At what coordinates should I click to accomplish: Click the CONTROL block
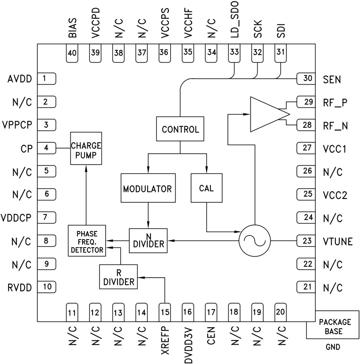click(x=180, y=129)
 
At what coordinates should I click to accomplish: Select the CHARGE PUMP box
click(x=86, y=148)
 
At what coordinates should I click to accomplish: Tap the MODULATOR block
click(x=148, y=189)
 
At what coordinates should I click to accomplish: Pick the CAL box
click(x=206, y=189)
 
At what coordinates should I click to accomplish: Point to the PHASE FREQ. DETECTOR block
click(x=86, y=240)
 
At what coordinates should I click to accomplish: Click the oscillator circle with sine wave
click(x=254, y=241)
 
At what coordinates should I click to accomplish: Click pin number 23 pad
click(x=306, y=241)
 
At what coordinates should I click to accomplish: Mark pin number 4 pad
click(x=46, y=148)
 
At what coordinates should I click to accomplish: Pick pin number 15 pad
click(x=164, y=311)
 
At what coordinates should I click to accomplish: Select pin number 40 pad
click(x=72, y=53)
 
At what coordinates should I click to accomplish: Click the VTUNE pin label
click(x=338, y=241)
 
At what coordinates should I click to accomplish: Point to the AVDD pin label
click(x=19, y=79)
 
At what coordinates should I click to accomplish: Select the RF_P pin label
click(x=335, y=102)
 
